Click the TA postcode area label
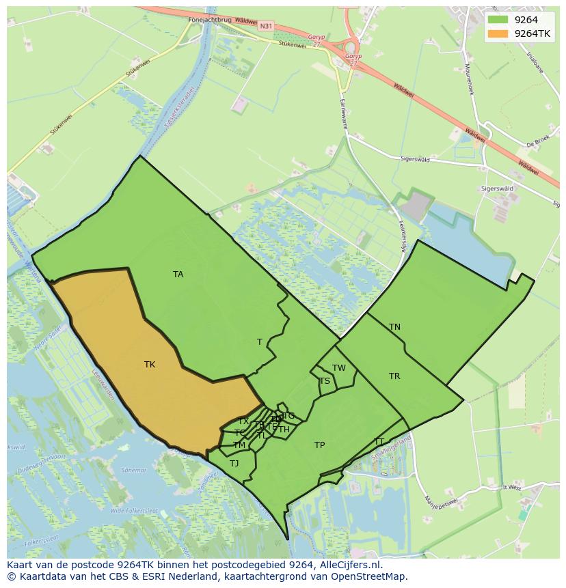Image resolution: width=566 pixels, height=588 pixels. tap(178, 275)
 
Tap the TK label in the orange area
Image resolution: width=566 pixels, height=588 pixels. tap(150, 365)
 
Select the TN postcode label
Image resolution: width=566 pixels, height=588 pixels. tap(394, 327)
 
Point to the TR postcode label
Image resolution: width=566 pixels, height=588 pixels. tap(394, 376)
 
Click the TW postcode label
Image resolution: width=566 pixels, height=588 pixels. tap(339, 368)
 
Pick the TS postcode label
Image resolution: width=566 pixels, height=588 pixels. tap(325, 381)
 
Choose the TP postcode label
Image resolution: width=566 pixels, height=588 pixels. tap(319, 445)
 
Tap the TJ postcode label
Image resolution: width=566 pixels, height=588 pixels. tap(234, 464)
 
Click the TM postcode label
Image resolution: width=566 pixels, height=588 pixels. tap(239, 445)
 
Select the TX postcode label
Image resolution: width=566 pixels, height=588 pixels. tap(243, 421)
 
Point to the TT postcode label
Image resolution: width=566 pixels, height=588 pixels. tap(379, 441)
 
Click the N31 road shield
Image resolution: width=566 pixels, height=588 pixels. tap(266, 26)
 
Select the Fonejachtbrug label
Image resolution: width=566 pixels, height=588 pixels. tap(210, 20)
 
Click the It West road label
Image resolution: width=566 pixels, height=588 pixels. tap(511, 488)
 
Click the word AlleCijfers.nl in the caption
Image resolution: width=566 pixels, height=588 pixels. tap(351, 565)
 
